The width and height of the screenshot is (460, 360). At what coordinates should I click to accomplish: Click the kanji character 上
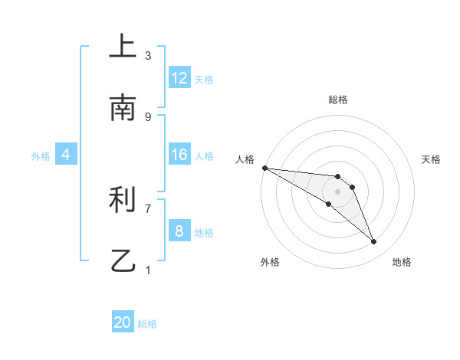tap(123, 47)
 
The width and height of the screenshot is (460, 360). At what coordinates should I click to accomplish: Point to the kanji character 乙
tap(123, 261)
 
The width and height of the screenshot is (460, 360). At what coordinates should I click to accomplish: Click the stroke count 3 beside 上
tap(148, 55)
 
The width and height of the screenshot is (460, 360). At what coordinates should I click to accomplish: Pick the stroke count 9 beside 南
tap(148, 116)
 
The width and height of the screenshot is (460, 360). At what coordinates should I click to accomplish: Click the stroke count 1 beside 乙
tap(148, 270)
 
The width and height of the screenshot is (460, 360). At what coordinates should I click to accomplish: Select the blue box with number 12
tap(179, 78)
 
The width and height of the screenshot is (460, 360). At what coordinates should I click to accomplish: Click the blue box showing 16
tap(179, 155)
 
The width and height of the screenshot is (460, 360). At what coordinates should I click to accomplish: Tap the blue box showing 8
tap(179, 231)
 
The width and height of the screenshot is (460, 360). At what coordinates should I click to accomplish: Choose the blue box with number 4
tap(66, 155)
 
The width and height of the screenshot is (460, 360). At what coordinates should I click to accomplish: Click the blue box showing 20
tap(123, 323)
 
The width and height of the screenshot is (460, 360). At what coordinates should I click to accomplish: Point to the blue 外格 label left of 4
tap(41, 155)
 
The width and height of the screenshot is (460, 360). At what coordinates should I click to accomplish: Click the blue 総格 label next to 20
tap(147, 324)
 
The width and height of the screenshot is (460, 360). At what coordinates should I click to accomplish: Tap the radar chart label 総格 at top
tap(337, 100)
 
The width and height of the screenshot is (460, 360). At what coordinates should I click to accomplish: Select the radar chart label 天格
tap(432, 159)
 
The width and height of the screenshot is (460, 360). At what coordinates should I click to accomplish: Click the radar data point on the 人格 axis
tap(264, 168)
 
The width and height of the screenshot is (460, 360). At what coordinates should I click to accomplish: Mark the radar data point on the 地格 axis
tap(373, 241)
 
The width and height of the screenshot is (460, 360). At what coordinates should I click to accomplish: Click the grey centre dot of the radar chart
tap(337, 191)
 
